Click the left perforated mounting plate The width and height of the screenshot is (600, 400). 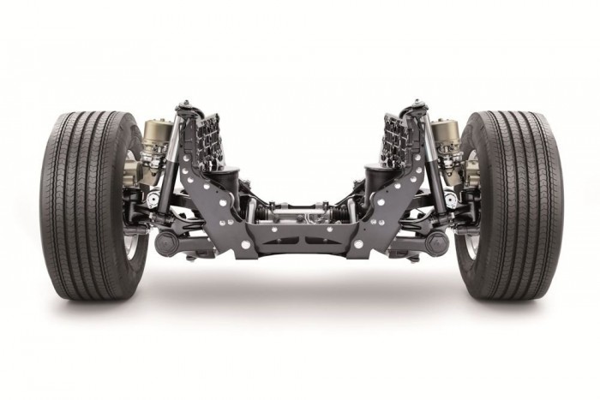click(206, 137)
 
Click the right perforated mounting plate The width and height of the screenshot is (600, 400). click(395, 137)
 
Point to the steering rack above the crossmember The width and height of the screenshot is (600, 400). click(300, 210)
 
